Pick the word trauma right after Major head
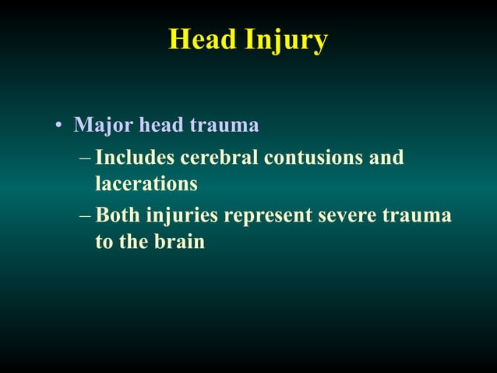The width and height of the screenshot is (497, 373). click(225, 125)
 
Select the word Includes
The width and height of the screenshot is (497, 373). click(135, 158)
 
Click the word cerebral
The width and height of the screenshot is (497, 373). click(219, 158)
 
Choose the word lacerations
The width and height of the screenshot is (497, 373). click(146, 185)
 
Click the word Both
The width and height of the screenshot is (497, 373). click(117, 215)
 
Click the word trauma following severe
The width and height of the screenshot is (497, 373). click(418, 215)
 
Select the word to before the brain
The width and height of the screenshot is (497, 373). click(104, 242)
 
